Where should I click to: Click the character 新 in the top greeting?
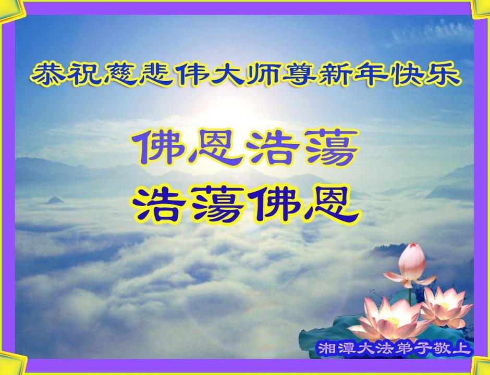(335, 75)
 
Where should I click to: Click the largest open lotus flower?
(389, 318)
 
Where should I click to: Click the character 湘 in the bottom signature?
(325, 348)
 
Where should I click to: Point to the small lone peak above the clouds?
(55, 200)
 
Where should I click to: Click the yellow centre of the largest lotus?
(393, 321)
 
